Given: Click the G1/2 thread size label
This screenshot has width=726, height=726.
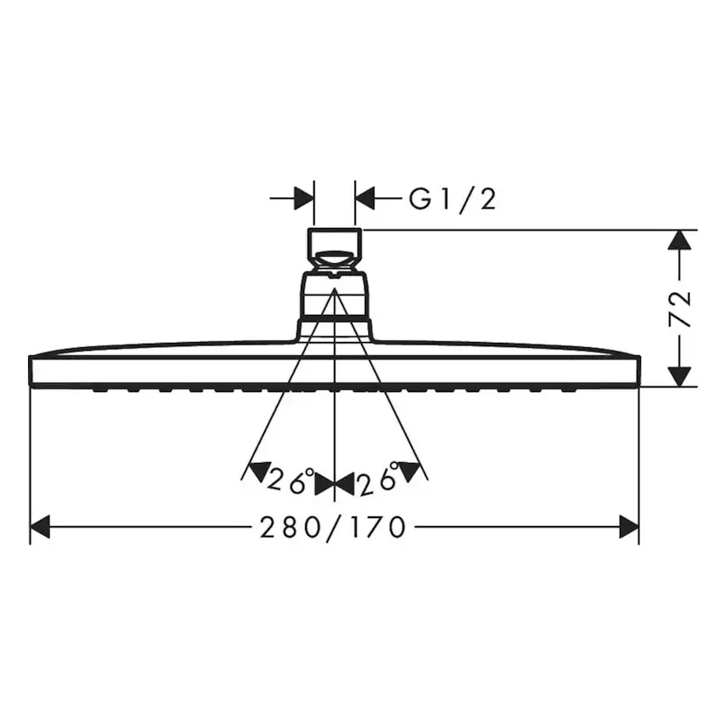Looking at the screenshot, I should coord(452,199).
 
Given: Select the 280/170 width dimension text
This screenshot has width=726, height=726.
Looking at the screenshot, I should coord(333,527).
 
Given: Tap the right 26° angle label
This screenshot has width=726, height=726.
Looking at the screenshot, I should coord(380,480).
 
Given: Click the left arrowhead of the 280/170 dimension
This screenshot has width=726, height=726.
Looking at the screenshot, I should coord(40,527).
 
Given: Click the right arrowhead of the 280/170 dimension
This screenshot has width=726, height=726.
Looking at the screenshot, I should coord(629,527).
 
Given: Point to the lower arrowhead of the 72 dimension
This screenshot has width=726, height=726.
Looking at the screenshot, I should coord(679,376).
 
